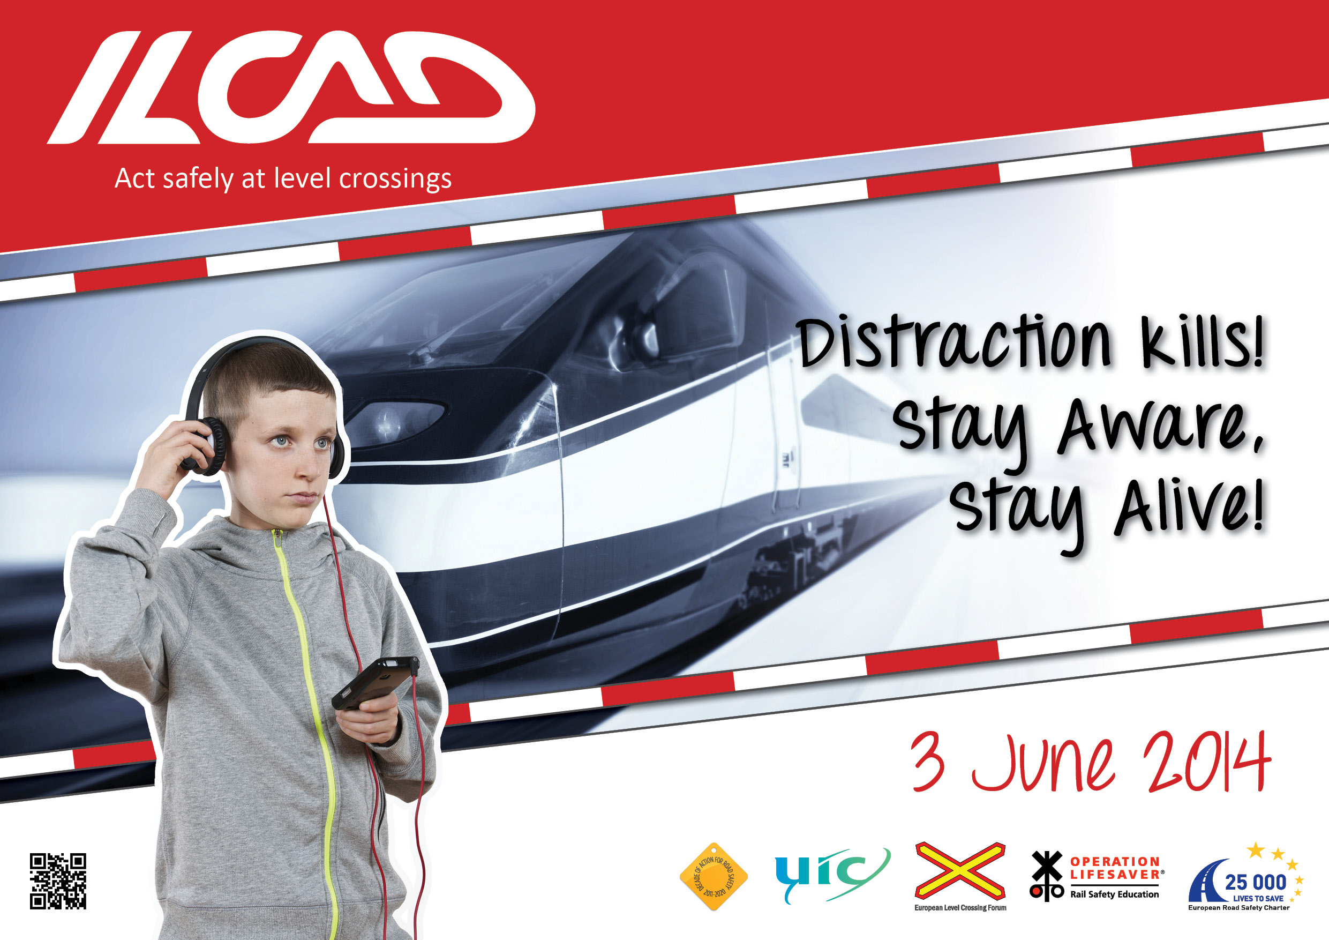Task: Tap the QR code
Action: coord(58,881)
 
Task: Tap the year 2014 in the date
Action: coord(1206,762)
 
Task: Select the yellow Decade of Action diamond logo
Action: coord(714,876)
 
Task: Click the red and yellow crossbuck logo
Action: coord(960,870)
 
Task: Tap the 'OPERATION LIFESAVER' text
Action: coord(1115,868)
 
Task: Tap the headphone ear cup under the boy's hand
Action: coord(206,446)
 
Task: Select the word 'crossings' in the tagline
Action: coord(395,180)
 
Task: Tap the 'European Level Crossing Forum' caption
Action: coord(960,907)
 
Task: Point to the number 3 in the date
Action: coord(928,762)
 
